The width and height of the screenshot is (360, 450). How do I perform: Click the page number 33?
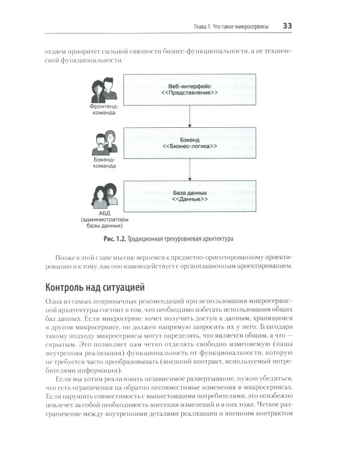287,26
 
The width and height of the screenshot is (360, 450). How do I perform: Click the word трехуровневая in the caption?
190,238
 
